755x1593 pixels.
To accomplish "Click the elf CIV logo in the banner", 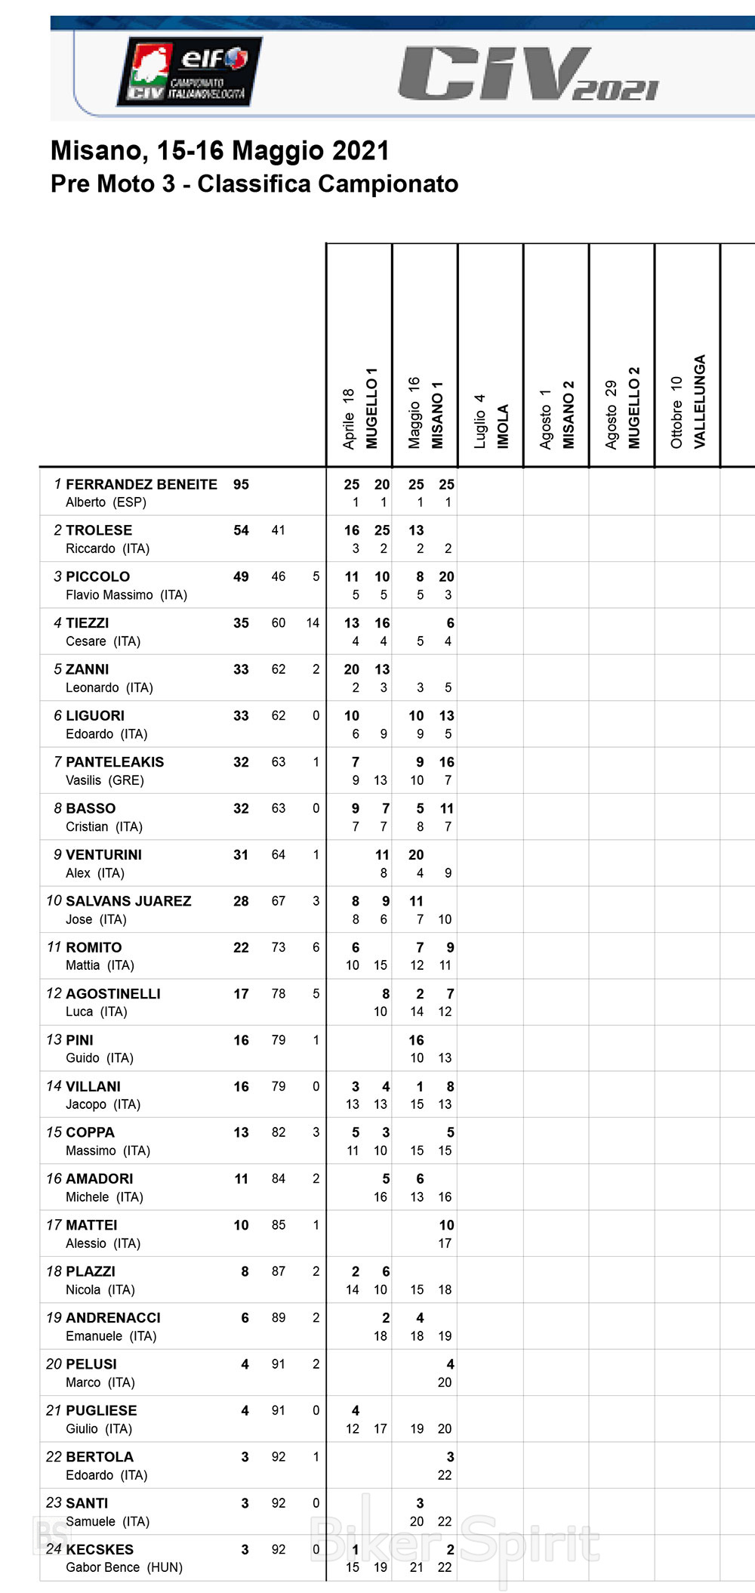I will [189, 71].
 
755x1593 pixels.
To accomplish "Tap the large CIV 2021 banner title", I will [528, 73].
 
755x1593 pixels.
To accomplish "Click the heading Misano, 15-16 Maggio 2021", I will [220, 151].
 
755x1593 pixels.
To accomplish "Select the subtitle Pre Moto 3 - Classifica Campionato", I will [254, 184].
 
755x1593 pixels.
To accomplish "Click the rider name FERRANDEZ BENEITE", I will [141, 484].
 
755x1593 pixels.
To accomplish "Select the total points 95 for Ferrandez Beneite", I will [241, 484].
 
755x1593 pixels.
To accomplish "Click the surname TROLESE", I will [99, 530].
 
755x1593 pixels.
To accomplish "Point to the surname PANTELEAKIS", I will [115, 762].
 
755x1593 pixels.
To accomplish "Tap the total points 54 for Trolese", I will [241, 530].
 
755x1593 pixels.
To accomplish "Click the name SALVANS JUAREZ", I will [128, 901].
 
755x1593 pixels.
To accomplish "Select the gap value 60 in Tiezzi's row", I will [279, 623].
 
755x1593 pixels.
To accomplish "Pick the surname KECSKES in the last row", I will [100, 1549].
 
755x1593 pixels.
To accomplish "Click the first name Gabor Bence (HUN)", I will [124, 1567].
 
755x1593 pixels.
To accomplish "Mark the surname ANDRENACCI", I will [113, 1318].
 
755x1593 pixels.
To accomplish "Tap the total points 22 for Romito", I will [241, 947].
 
